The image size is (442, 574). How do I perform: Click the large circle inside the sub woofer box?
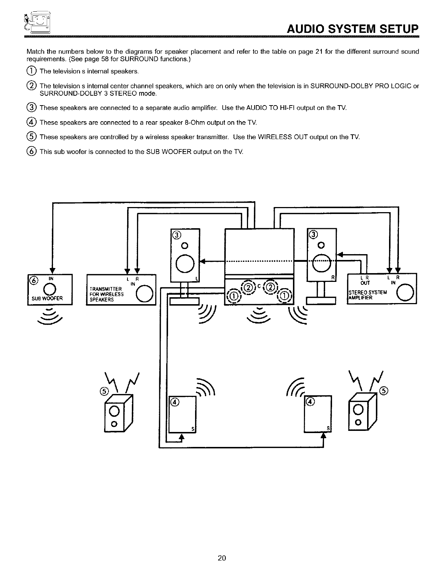50,290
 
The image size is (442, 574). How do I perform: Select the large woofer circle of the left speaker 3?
185,263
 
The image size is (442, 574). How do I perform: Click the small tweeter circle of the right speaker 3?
321,245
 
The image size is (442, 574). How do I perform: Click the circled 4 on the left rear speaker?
175,402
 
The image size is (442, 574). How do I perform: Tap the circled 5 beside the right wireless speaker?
383,390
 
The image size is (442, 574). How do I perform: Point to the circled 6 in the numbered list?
32,151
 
